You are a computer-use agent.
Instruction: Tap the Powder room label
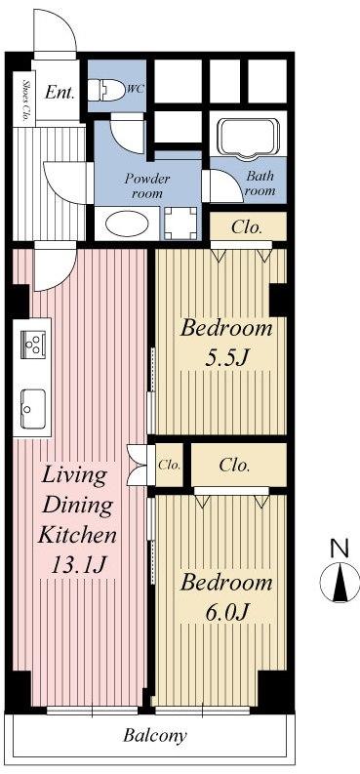[x=146, y=185]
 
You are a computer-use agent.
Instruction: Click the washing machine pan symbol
[x=179, y=224]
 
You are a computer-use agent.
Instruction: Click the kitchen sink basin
[x=33, y=402]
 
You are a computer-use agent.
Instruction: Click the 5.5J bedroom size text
[x=227, y=357]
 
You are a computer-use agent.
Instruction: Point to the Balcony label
[x=154, y=736]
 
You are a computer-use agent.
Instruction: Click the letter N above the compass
[x=339, y=549]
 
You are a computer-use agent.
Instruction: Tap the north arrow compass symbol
[x=339, y=584]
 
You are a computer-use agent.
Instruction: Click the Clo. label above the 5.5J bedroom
[x=247, y=227]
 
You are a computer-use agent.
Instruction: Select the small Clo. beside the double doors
[x=169, y=466]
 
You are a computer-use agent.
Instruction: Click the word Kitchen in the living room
[x=77, y=535]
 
